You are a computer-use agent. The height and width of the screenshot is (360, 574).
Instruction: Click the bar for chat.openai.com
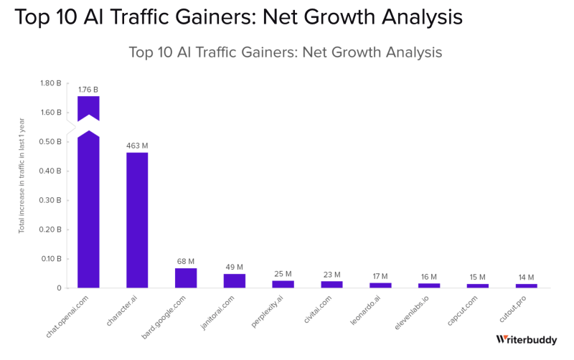click(88, 208)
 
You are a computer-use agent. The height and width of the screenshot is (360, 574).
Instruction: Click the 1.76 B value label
click(88, 90)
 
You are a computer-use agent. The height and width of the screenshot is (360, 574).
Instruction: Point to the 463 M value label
click(137, 146)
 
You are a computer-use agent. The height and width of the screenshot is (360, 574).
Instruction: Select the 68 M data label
click(186, 262)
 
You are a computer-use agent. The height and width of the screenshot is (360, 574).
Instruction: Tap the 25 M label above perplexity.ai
click(283, 274)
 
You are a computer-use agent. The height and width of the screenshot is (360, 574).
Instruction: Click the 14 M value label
click(526, 278)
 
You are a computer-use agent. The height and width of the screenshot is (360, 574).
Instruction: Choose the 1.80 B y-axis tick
click(50, 83)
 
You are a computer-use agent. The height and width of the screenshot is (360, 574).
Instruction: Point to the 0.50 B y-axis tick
click(50, 142)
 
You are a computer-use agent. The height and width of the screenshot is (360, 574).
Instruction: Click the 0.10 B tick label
click(50, 259)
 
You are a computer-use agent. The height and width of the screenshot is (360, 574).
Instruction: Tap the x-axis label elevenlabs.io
click(413, 312)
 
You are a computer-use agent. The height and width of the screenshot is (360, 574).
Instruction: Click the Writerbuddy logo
click(526, 340)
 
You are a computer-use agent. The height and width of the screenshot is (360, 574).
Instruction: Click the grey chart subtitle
click(285, 52)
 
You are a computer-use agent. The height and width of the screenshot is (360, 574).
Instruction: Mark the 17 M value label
click(380, 276)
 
